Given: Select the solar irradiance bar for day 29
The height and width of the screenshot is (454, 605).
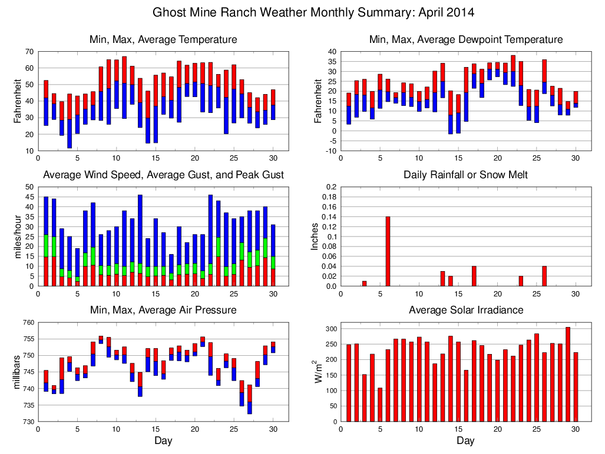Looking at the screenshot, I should (x=568, y=374).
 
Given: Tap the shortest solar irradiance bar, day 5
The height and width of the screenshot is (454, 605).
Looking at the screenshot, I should (x=380, y=405).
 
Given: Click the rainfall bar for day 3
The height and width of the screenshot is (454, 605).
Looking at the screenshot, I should (x=364, y=283).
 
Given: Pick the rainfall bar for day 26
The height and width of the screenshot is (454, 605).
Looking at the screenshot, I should (x=544, y=276).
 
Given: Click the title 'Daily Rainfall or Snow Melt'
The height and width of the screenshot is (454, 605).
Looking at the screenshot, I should (x=465, y=175).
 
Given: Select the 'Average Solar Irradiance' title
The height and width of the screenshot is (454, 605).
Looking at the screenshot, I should (x=465, y=310).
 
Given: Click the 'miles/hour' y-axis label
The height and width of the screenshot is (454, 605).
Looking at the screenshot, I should (x=17, y=237).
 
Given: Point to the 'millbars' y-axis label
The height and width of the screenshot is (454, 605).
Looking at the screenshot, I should (x=17, y=372).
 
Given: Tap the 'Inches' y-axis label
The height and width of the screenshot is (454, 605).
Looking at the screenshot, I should (x=315, y=237).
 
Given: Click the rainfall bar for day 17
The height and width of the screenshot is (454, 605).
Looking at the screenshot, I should (x=474, y=276).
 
